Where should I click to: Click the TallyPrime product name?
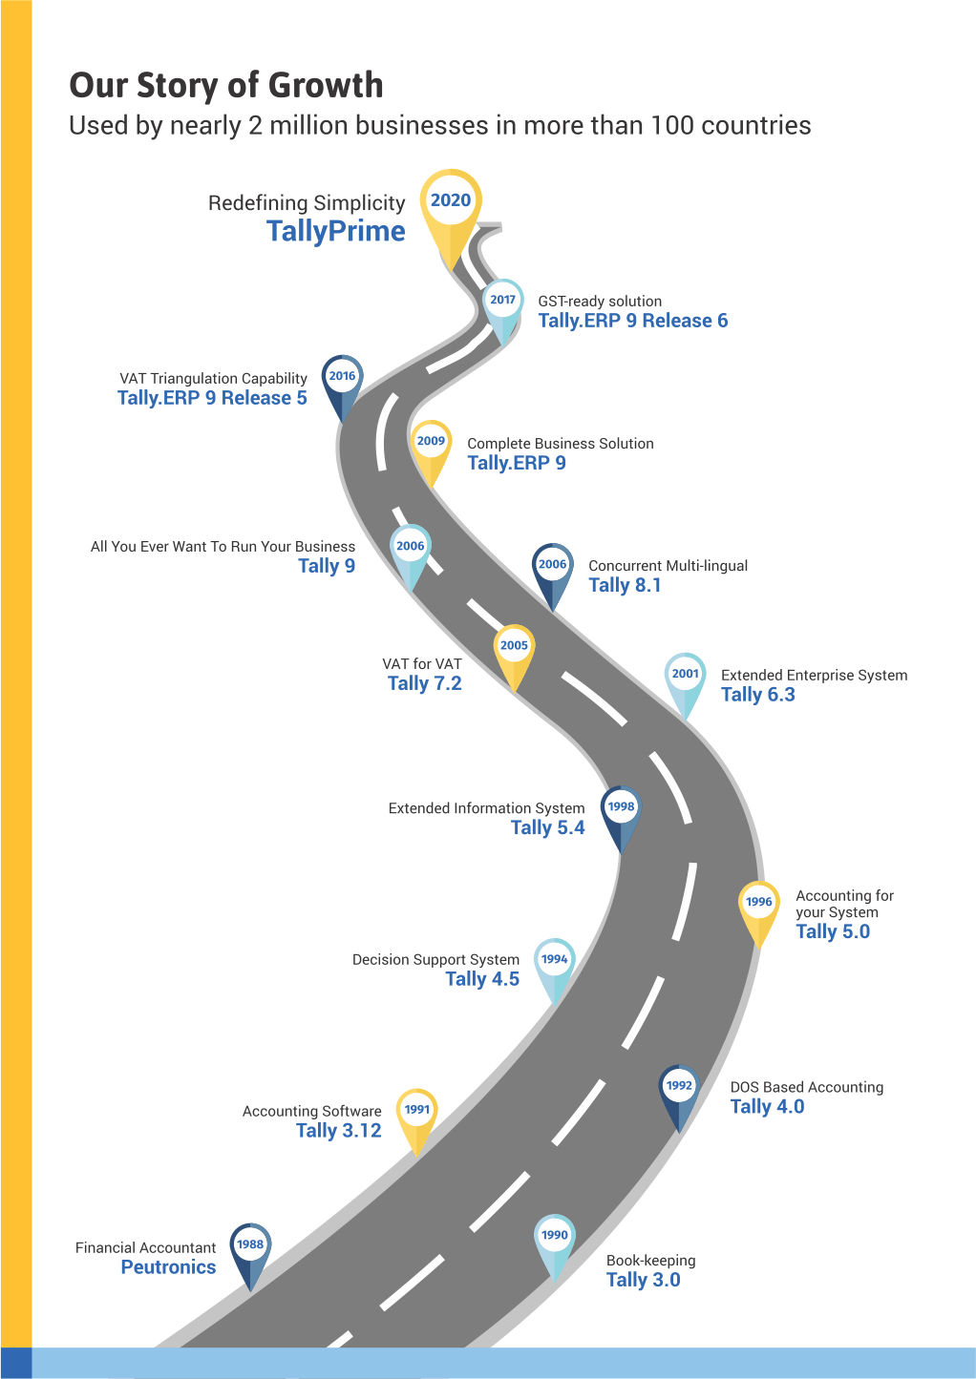(x=336, y=231)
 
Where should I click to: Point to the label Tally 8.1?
(x=625, y=585)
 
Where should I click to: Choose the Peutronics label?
(x=168, y=1267)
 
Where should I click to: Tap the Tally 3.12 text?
(x=339, y=1131)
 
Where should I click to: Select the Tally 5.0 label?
(x=833, y=932)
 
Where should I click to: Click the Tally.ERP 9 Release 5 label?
(x=213, y=398)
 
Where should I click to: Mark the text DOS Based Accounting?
(x=807, y=1087)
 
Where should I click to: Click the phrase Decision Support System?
(x=435, y=959)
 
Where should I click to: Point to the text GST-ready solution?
(x=600, y=301)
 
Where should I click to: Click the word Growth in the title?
(x=326, y=86)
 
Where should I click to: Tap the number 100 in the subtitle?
(x=672, y=126)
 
